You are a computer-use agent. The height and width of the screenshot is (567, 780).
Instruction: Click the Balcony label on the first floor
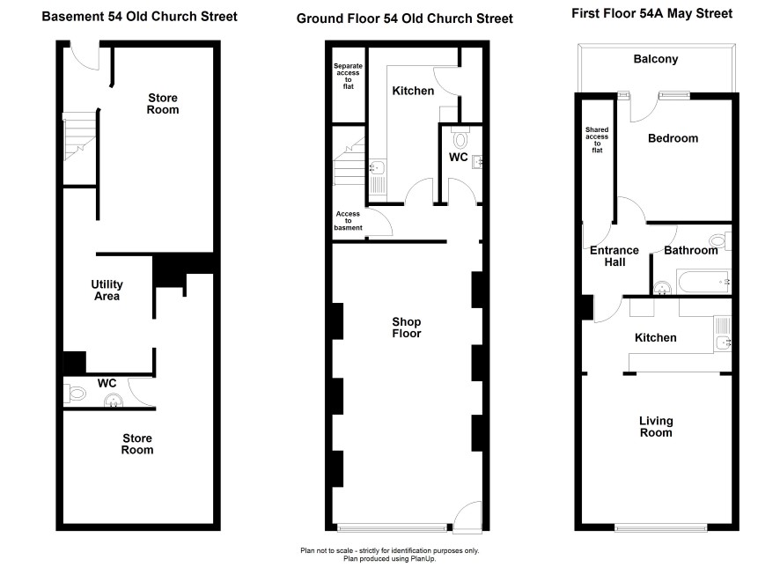[656, 59]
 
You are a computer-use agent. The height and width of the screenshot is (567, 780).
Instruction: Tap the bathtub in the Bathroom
[703, 282]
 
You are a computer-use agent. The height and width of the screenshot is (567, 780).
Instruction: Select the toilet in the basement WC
[75, 394]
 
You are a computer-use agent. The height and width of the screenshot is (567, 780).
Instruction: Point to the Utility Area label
[107, 291]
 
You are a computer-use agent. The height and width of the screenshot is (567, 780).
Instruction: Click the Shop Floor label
[407, 328]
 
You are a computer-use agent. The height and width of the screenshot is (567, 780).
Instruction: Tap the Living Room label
[656, 427]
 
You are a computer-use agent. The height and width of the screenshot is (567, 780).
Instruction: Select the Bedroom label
[673, 138]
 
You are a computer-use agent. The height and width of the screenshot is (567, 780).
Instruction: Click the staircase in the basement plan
[79, 136]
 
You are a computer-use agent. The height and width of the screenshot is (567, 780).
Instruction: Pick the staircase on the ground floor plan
[350, 161]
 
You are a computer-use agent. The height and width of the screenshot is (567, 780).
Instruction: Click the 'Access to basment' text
[349, 221]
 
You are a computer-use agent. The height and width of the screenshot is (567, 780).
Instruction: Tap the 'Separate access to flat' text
[349, 76]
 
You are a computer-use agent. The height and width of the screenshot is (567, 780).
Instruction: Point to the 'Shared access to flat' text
[597, 140]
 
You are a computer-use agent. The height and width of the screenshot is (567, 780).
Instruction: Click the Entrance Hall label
[614, 256]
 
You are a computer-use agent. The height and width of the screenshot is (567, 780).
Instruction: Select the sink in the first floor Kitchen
[722, 342]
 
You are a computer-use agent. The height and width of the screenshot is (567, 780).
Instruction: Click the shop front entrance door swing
[467, 518]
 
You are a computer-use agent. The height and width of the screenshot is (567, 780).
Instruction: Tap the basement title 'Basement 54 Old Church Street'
[140, 17]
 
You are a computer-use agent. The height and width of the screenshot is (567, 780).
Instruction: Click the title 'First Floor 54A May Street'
[651, 13]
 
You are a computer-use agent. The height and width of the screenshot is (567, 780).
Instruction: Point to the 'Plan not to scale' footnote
[389, 550]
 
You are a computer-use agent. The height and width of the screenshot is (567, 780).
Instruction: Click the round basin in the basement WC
[114, 401]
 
